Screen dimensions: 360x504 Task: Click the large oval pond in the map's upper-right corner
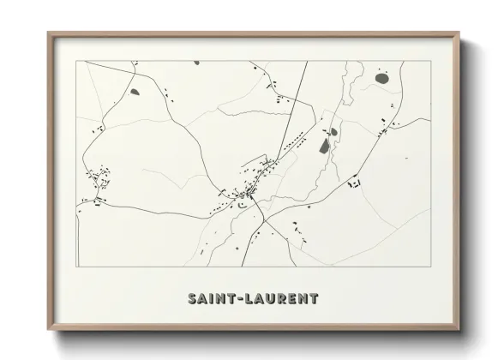coord(381,79)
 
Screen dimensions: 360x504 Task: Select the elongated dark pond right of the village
coord(325,146)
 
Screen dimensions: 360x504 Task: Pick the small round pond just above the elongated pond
coord(327,131)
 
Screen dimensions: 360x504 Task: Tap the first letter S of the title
coord(190,298)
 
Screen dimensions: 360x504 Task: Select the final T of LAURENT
coord(314,298)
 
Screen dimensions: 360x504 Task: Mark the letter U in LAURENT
coord(273,298)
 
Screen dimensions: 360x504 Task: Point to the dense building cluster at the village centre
coord(248,195)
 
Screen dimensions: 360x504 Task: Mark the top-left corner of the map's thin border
coord(78,62)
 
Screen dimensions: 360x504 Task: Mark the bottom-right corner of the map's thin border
coord(430,267)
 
